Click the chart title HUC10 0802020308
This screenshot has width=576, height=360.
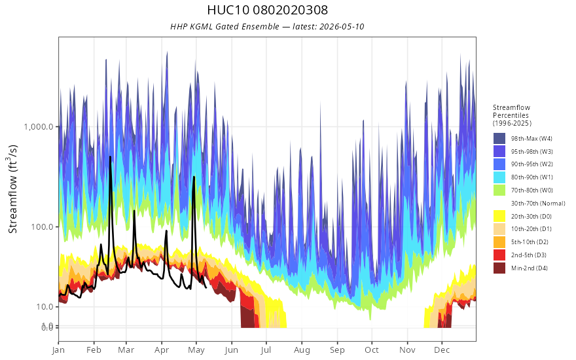tap(267, 10)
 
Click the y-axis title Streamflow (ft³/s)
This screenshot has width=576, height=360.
tap(12, 189)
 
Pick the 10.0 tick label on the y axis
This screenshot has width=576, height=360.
tap(45, 306)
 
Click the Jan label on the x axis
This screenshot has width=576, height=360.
tap(58, 350)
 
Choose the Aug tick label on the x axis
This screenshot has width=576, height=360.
tap(302, 350)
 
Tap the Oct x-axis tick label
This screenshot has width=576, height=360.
tap(371, 350)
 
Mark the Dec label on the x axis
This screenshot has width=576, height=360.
tap(442, 350)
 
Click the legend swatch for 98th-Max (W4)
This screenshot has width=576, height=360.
tap(499, 139)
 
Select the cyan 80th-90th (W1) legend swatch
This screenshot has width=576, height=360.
tap(499, 177)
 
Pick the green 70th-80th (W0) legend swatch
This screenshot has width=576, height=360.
tap(499, 190)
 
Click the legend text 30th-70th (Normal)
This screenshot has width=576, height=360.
tap(538, 203)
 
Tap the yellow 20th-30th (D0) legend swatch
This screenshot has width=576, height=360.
tap(499, 216)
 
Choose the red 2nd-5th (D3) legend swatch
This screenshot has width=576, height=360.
tap(499, 255)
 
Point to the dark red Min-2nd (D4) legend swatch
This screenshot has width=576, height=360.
tap(499, 268)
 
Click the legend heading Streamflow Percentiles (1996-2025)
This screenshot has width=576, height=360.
tap(512, 115)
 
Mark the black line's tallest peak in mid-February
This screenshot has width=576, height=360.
tap(110, 157)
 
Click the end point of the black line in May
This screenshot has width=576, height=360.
tap(206, 287)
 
